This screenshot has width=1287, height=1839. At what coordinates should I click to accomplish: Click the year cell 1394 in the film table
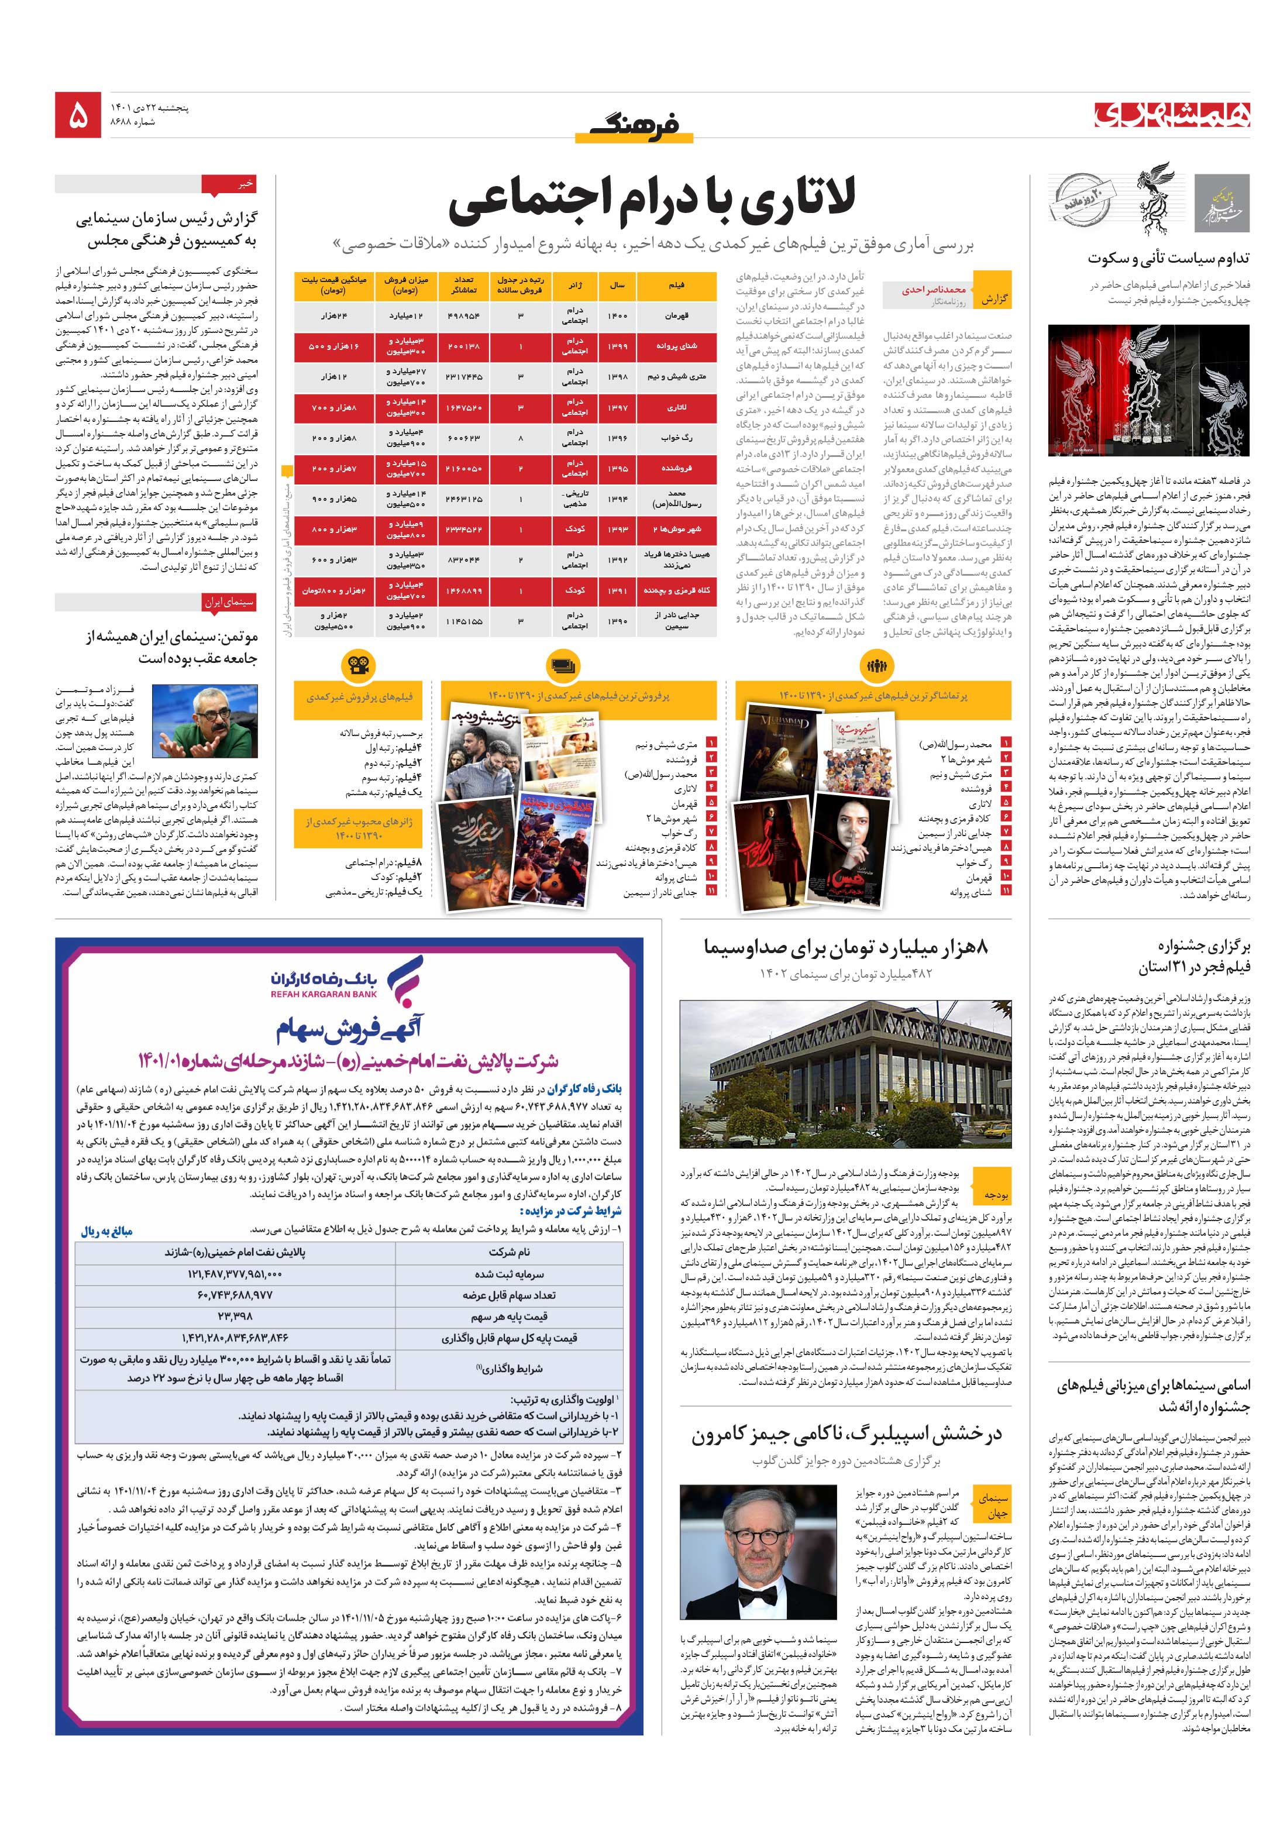(618, 498)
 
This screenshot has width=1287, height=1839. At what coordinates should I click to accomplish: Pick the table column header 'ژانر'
(575, 284)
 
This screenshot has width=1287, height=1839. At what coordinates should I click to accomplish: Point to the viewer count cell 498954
(464, 315)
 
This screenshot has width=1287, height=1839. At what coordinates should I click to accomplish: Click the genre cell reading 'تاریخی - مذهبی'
(575, 498)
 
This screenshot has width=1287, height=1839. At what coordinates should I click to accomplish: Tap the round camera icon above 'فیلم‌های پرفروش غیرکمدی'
(358, 665)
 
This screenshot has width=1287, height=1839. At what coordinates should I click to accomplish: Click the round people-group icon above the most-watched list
(875, 665)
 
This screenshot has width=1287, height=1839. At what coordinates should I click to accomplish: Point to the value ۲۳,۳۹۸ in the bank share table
(235, 1316)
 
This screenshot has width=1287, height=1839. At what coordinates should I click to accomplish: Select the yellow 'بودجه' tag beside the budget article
(996, 1194)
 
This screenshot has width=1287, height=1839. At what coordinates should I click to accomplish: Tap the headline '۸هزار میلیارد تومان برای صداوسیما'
(846, 947)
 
